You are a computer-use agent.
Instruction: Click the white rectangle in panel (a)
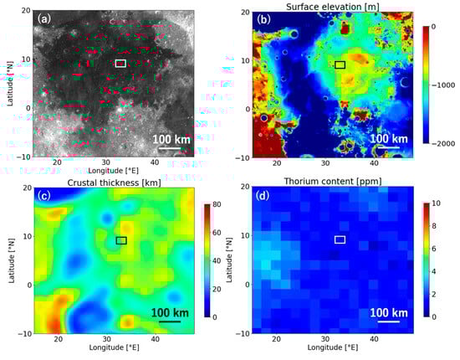click(x=120, y=64)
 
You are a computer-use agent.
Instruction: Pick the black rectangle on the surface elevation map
click(x=340, y=64)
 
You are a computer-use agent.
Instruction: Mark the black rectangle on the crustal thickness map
click(x=121, y=240)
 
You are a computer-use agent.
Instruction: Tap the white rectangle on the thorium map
click(x=340, y=240)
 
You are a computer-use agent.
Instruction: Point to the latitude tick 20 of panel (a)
click(x=24, y=11)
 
